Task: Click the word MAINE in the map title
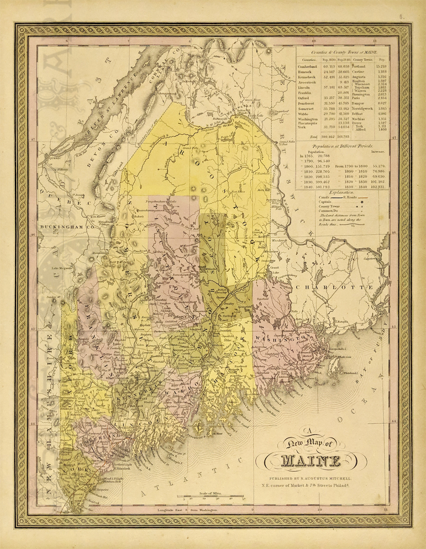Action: pos(311,461)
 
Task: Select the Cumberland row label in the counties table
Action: pos(307,67)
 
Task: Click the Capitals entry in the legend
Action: pos(326,202)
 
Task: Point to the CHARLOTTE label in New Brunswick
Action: pos(336,288)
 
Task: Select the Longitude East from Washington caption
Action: pos(187,510)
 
